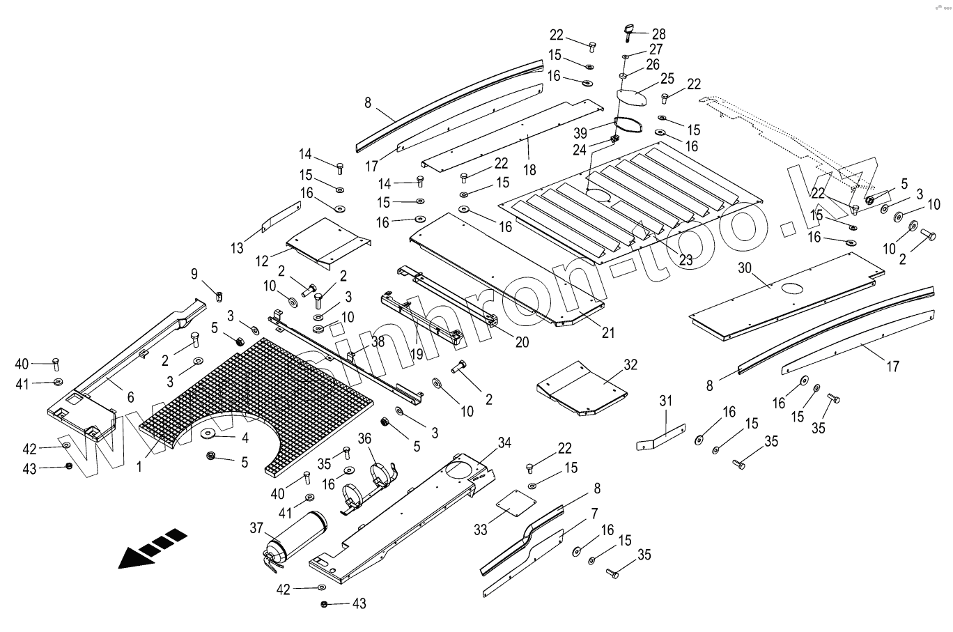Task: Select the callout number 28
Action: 658,34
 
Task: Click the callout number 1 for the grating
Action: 139,467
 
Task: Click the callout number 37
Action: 256,528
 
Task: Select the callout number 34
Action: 504,442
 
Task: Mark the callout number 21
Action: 608,333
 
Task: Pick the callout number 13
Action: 237,247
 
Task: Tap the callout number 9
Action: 194,274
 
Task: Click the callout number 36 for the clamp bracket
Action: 364,438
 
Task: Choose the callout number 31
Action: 665,401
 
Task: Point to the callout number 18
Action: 529,170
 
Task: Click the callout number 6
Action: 130,397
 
